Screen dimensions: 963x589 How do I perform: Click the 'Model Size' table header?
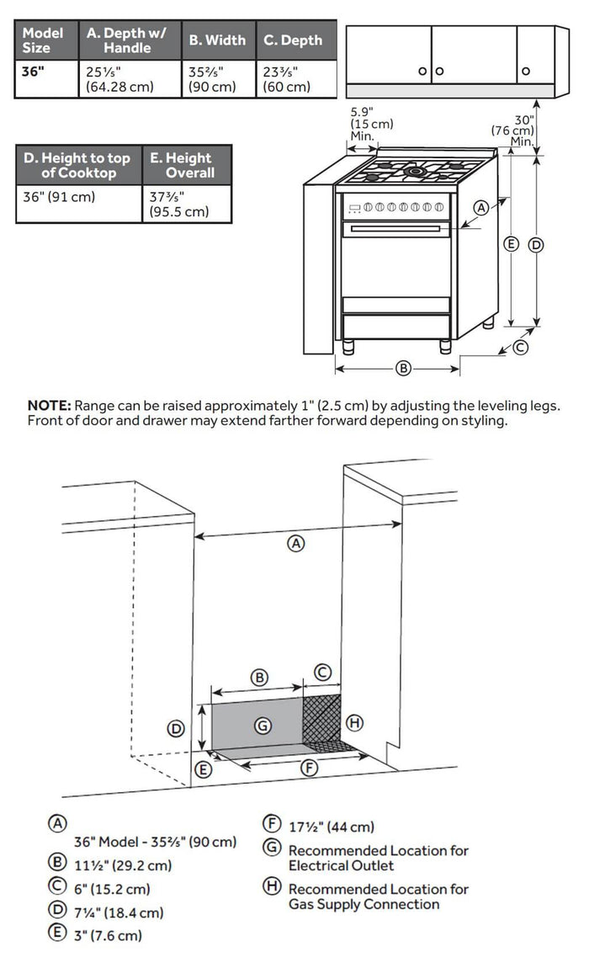[x=43, y=40]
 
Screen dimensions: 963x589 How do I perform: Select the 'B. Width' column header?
[x=217, y=40]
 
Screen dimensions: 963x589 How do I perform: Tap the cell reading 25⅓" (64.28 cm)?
[x=118, y=79]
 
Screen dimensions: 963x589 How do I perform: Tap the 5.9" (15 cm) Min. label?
[x=371, y=124]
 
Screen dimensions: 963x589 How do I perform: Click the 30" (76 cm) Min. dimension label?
[x=515, y=130]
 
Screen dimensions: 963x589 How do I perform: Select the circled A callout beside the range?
[x=481, y=207]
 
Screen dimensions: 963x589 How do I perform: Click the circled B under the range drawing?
[x=403, y=368]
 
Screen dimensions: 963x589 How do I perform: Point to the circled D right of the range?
[x=535, y=245]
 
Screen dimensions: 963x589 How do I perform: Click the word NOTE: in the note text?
[x=50, y=406]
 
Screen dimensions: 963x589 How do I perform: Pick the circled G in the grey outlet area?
[x=263, y=724]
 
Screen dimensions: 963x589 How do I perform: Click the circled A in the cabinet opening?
[x=295, y=543]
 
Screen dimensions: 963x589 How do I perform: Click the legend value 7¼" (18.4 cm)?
[x=118, y=912]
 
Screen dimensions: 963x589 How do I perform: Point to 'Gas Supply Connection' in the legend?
[x=363, y=904]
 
